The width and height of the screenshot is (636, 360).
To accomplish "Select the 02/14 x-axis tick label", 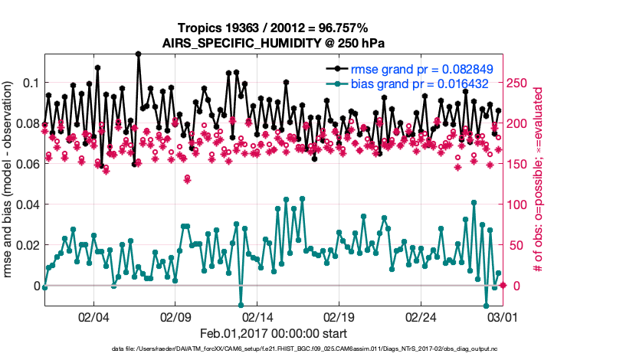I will [x=258, y=316].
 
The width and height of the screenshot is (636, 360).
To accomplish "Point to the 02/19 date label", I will [x=340, y=316].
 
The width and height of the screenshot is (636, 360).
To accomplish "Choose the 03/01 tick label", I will [x=503, y=316].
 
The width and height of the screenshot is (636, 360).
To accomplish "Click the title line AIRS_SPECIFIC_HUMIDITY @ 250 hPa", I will [x=274, y=43].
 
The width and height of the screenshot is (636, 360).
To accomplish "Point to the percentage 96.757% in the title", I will [x=346, y=28].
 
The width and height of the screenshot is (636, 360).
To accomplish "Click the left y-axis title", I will [x=8, y=183].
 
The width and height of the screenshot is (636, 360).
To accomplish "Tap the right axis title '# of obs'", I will [x=539, y=183].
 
